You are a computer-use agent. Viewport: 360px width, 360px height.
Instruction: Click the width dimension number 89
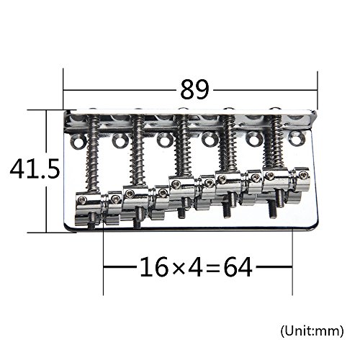point(194,89)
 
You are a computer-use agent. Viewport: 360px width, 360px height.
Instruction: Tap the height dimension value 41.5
point(35,169)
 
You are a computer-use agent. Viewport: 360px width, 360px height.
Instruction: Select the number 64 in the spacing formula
point(238,267)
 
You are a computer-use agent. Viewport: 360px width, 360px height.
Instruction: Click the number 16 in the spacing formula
point(154,267)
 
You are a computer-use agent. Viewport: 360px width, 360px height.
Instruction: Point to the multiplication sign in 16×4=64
point(179,268)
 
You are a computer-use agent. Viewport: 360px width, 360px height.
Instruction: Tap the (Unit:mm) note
point(312,331)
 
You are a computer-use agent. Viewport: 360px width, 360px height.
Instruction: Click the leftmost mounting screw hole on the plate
point(78,141)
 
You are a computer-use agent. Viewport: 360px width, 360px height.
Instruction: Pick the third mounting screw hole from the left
point(164,140)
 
